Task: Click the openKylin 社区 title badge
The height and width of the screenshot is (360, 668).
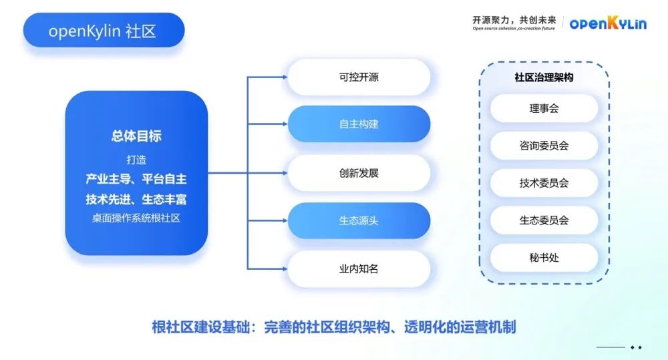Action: coord(103,31)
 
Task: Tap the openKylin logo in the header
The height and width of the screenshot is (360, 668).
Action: coord(607,23)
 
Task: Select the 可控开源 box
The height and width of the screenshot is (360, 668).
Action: coord(359,77)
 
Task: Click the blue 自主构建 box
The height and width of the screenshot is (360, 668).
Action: coord(359,124)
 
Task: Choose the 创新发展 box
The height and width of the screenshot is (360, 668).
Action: coord(359,173)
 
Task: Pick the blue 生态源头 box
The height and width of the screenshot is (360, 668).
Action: coord(359,220)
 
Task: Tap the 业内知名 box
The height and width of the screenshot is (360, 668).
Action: coord(359,269)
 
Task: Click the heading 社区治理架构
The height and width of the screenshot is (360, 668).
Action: coord(544,77)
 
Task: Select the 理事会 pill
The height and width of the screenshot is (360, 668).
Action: coord(544,108)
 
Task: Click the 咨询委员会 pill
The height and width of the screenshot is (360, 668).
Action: coord(544,146)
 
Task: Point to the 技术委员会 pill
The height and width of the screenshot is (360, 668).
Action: coord(544,183)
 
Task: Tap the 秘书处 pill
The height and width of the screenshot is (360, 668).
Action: coord(544,257)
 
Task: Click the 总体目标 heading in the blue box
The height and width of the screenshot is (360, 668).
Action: coord(136,136)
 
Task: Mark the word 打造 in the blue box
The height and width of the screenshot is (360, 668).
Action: coord(136,160)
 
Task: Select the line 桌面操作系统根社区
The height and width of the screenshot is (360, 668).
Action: coord(136,218)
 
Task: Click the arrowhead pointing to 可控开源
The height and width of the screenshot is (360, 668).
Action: coord(283,77)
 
